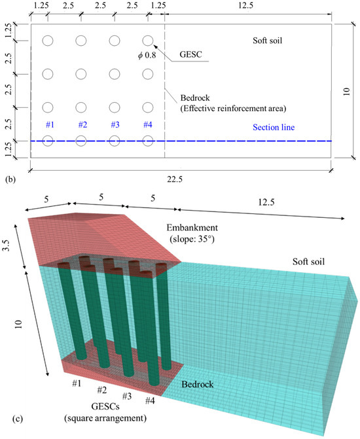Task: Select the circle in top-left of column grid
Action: coord(48,41)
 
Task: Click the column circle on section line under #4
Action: coord(148,140)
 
